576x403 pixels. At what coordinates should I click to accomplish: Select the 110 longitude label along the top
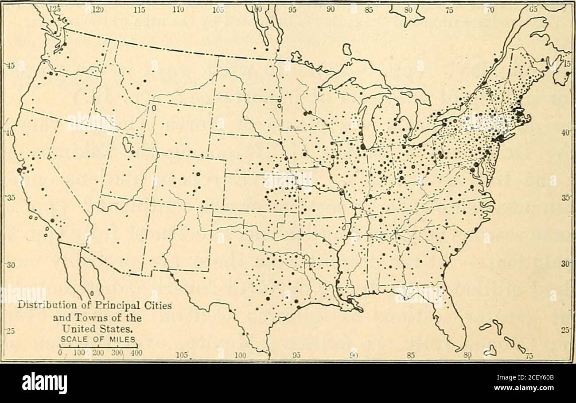point(178,8)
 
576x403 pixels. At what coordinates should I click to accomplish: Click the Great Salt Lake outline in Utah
point(126,144)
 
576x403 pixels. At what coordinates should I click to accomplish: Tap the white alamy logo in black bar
point(44,383)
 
